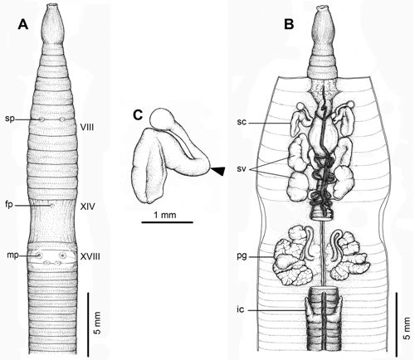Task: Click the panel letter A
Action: click(x=22, y=24)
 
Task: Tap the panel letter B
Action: click(x=289, y=24)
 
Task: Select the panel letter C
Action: click(x=138, y=115)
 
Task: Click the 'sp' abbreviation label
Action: click(x=10, y=119)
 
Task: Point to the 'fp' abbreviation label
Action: click(x=9, y=206)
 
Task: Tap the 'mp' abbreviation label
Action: click(x=12, y=255)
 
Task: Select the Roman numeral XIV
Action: click(x=87, y=207)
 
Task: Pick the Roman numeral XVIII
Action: click(x=90, y=257)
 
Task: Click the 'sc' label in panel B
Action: click(x=242, y=122)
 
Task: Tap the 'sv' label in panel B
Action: click(x=242, y=169)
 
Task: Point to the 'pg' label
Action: click(x=242, y=256)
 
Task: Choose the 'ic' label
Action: click(x=241, y=309)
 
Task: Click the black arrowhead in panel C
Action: click(x=217, y=171)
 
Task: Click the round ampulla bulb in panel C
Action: click(x=159, y=118)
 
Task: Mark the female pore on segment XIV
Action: click(x=51, y=206)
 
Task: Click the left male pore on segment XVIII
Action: click(x=40, y=255)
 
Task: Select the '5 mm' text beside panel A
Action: click(x=99, y=323)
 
